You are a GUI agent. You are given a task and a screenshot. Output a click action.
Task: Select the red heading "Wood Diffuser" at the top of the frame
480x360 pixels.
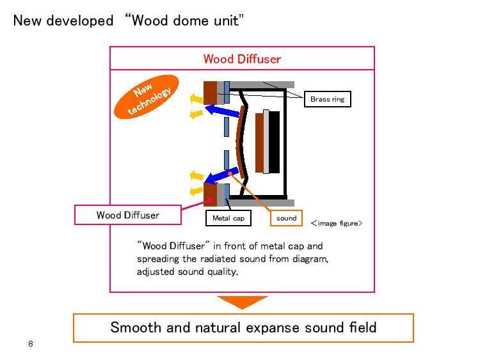242,59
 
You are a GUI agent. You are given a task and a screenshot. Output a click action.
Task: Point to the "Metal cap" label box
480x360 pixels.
228,218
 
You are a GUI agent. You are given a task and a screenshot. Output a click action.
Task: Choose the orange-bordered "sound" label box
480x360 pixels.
286,218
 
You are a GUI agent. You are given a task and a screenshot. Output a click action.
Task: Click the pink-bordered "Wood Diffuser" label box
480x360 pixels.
127,215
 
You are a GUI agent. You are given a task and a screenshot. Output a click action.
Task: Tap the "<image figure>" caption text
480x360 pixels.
337,223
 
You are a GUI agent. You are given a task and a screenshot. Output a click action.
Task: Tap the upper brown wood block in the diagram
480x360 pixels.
210,92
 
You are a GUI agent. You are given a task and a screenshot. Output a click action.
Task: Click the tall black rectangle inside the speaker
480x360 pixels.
275,142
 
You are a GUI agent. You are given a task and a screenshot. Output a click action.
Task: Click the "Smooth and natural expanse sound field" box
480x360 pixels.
243,327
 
